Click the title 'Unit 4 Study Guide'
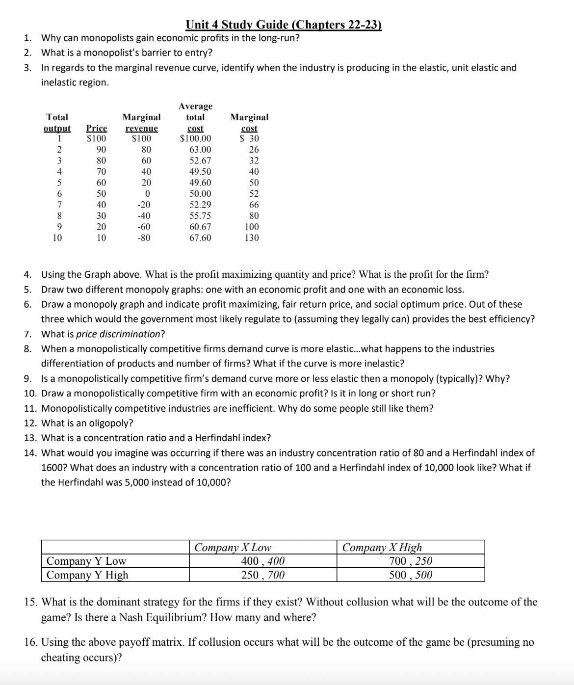(x=284, y=25)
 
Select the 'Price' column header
(x=96, y=128)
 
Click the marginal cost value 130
(x=252, y=238)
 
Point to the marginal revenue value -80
(x=144, y=238)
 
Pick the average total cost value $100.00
(x=196, y=139)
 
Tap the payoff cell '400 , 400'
(x=263, y=561)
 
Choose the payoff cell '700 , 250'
(x=411, y=561)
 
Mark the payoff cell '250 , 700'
(x=263, y=575)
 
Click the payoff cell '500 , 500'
(x=411, y=575)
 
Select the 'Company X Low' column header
(x=233, y=548)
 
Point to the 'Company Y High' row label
(x=87, y=575)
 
